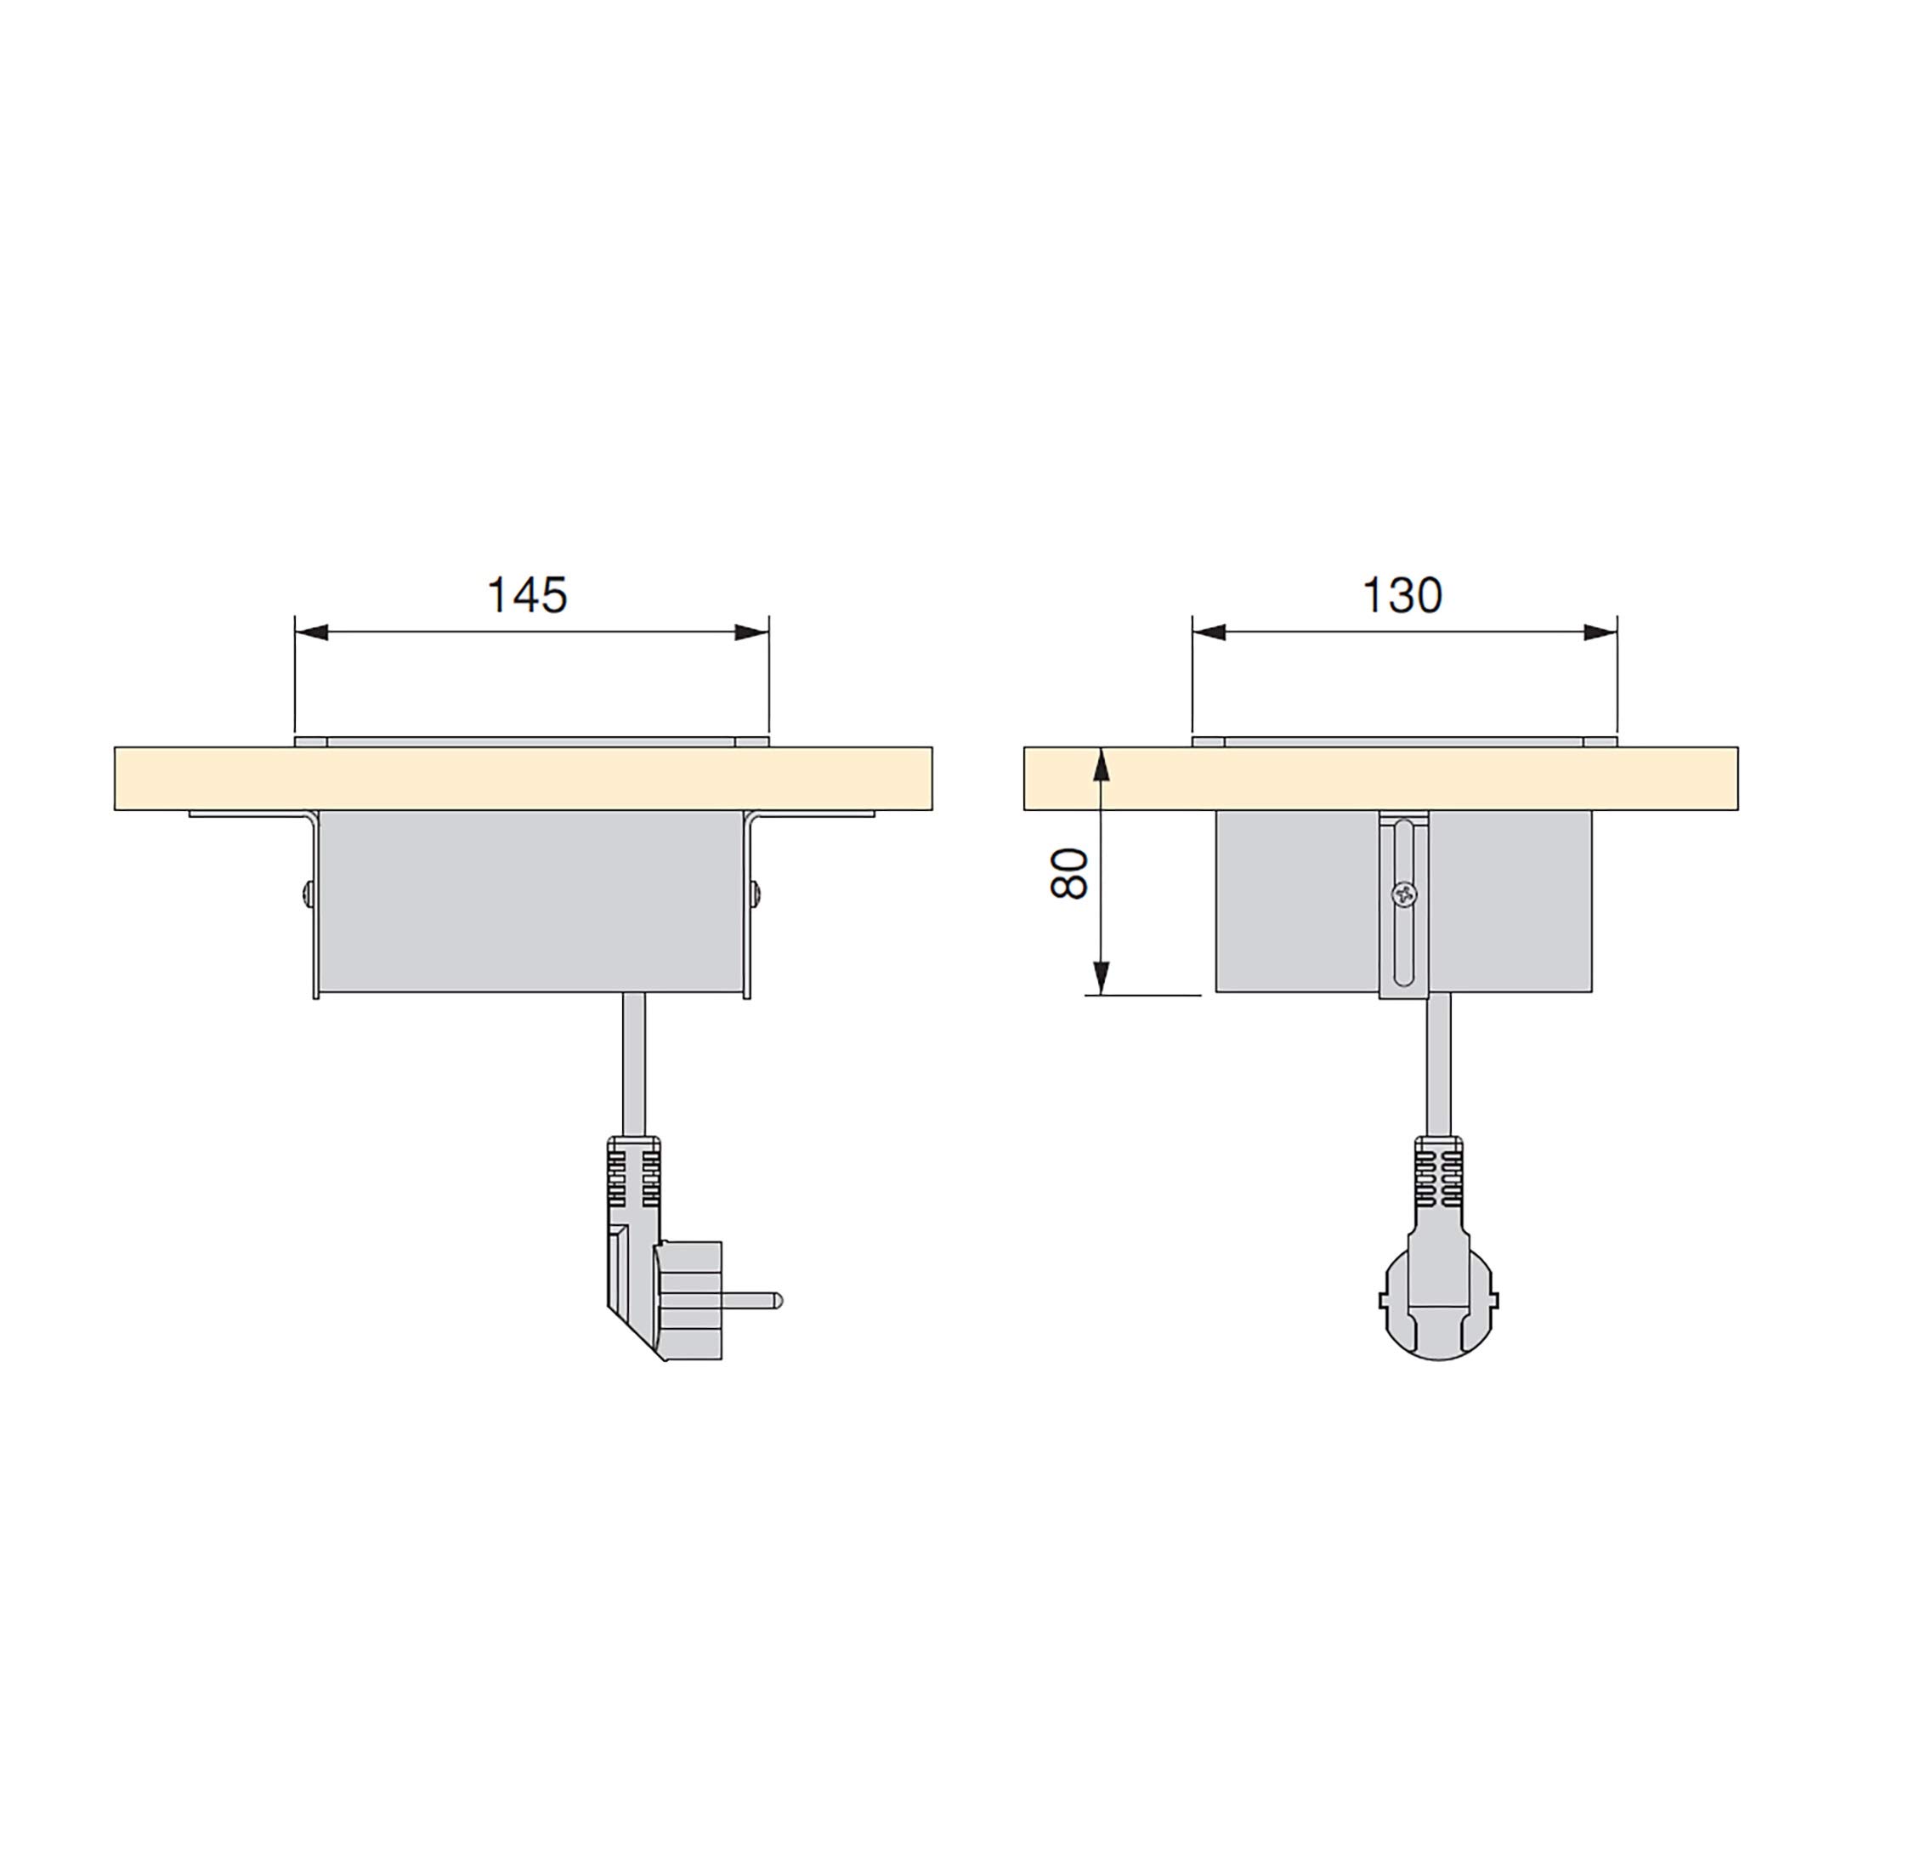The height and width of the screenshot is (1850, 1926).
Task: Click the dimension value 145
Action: pyautogui.click(x=527, y=596)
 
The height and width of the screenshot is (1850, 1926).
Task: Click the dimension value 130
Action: pyautogui.click(x=1402, y=596)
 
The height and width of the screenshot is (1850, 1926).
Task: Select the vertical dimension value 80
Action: pyautogui.click(x=1069, y=873)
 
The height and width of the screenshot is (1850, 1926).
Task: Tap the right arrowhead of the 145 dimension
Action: pyautogui.click(x=751, y=632)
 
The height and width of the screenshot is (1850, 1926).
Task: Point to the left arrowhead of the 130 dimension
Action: pyautogui.click(x=1209, y=632)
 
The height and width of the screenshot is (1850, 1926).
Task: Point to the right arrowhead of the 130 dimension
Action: pyautogui.click(x=1600, y=632)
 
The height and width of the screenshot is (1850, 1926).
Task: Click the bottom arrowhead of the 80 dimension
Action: pyautogui.click(x=1102, y=978)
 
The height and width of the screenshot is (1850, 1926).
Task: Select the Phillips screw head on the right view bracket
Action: pyautogui.click(x=1404, y=894)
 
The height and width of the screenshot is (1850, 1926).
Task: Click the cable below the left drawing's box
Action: pyautogui.click(x=634, y=1066)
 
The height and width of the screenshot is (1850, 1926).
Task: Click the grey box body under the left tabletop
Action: pyautogui.click(x=530, y=899)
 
